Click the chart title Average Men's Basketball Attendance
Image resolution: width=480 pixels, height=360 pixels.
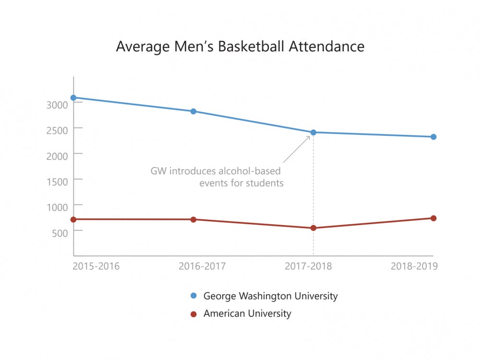point(240,47)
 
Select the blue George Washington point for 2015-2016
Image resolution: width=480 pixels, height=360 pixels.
point(73,97)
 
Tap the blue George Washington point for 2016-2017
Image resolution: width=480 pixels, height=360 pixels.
point(193,111)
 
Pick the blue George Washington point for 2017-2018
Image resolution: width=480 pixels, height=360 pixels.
point(313,132)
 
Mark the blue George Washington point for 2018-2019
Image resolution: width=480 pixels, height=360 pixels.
point(433,137)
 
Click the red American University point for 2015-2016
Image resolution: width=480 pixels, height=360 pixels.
point(73,219)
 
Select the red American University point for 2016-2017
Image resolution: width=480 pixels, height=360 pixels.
point(193,219)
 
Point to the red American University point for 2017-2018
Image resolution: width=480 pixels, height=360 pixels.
point(313,228)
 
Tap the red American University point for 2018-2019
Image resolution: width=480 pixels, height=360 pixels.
point(433,218)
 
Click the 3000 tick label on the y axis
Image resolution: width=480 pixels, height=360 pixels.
point(58,104)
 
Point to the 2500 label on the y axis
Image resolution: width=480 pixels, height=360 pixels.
point(58,130)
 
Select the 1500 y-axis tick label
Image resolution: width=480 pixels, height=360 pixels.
point(58,180)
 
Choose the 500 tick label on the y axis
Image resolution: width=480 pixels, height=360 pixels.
point(61,231)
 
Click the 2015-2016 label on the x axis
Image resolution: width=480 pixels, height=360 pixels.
point(96,266)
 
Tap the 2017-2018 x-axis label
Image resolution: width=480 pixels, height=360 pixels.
point(308,266)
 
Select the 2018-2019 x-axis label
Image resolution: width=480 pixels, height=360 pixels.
point(414,266)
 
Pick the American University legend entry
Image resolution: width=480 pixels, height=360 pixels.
point(247,313)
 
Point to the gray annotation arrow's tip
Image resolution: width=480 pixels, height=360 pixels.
point(310,136)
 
